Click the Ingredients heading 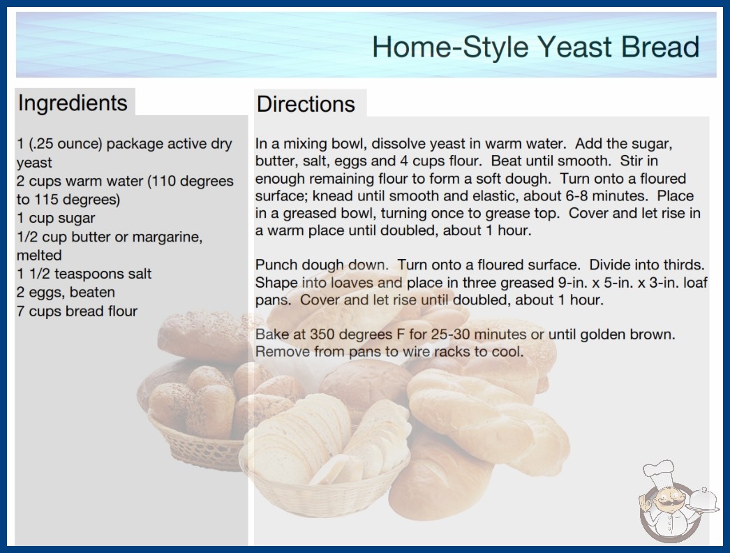(73, 103)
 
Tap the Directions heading (306, 104)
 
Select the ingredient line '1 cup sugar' (56, 218)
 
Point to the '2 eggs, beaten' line (66, 292)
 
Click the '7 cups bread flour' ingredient (77, 311)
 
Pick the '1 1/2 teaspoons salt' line (84, 274)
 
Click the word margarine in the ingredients (167, 237)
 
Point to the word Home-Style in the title (451, 47)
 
